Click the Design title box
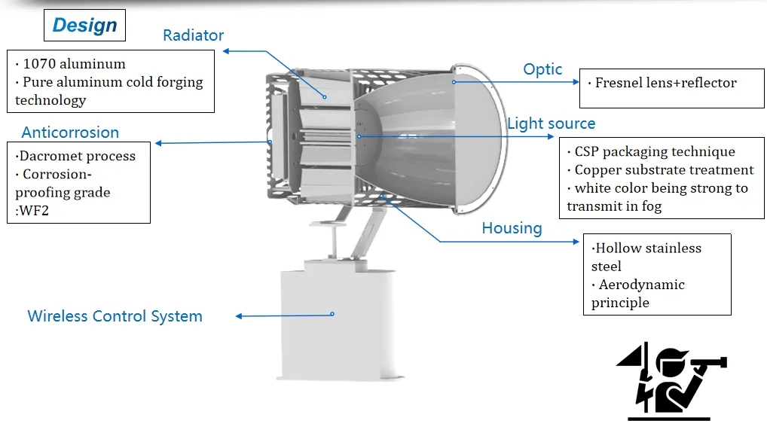tap(85, 26)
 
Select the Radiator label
tap(193, 35)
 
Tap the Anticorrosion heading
tap(70, 133)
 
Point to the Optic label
tap(542, 69)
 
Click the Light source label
tap(551, 123)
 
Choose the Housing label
tap(512, 228)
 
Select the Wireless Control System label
tap(115, 316)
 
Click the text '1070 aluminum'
tap(74, 64)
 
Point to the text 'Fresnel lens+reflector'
tap(665, 83)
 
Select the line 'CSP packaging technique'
tap(654, 152)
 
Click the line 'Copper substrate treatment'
tap(664, 170)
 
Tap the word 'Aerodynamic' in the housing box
tap(641, 285)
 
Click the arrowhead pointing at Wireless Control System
tap(240, 316)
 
